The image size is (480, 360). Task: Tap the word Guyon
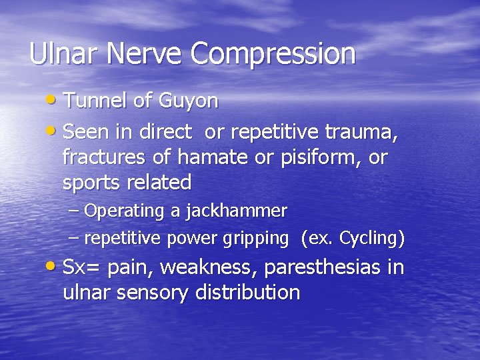pyautogui.click(x=189, y=101)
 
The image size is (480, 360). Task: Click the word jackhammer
pyautogui.click(x=236, y=211)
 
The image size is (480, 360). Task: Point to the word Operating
pyautogui.click(x=125, y=212)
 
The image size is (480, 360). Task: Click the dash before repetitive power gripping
pyautogui.click(x=74, y=237)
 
